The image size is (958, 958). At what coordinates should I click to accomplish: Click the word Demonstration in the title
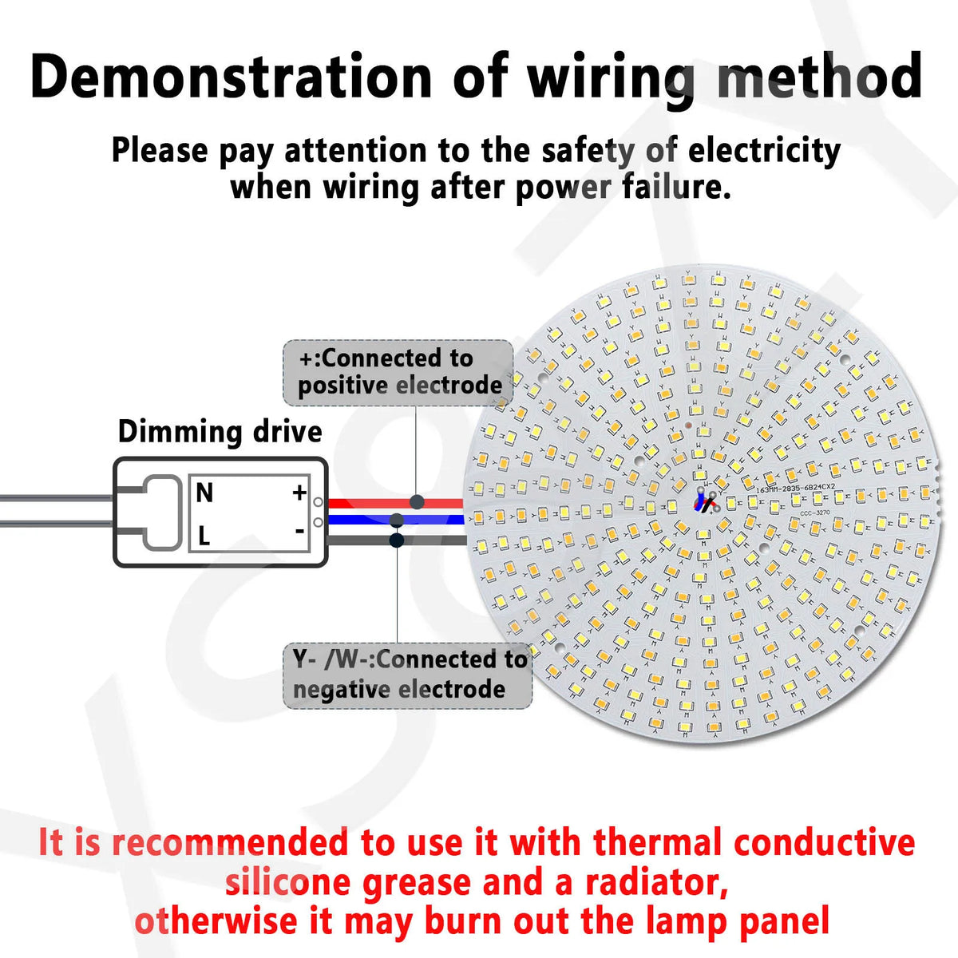click(x=232, y=77)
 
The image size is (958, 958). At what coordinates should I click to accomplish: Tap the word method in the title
click(x=819, y=77)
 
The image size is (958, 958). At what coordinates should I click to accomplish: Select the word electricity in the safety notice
click(x=764, y=150)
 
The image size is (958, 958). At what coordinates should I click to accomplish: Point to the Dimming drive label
click(x=220, y=432)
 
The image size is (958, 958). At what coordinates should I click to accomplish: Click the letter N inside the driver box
click(x=204, y=493)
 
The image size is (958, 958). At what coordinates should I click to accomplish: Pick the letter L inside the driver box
click(x=204, y=536)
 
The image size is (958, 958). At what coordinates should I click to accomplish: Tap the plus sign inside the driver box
click(x=299, y=493)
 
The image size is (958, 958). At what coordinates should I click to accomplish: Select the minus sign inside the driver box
click(x=299, y=530)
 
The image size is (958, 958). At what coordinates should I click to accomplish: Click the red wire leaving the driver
click(x=367, y=503)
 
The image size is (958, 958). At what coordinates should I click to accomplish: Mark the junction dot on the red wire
click(x=417, y=502)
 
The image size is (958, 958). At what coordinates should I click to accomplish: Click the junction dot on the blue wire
click(x=396, y=521)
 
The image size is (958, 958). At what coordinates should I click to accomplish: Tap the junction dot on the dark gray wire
click(x=396, y=540)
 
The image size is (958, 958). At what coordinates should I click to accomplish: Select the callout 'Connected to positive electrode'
click(x=398, y=372)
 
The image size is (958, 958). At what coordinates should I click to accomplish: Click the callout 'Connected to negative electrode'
click(x=408, y=675)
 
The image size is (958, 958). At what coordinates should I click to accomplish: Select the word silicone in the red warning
click(x=287, y=882)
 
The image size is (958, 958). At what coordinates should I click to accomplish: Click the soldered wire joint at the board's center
click(x=706, y=501)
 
